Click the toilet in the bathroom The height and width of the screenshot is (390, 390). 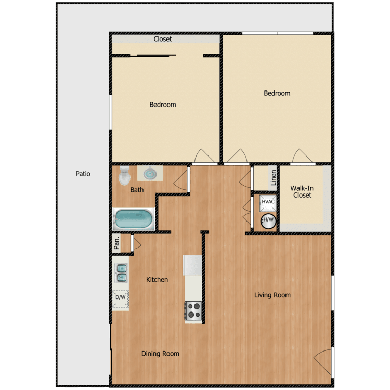[x=124, y=176]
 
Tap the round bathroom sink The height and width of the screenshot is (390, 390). [x=149, y=173]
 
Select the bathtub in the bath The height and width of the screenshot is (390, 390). [x=134, y=219]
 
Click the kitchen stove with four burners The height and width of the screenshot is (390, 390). [x=193, y=310]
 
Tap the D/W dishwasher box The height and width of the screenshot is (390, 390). [x=121, y=297]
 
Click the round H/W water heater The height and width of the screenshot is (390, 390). [x=268, y=220]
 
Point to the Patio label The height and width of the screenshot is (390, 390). [x=83, y=174]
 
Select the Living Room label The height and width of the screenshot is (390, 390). [x=272, y=295]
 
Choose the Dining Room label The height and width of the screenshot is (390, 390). [x=160, y=354]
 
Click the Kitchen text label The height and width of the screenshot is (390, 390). [x=157, y=280]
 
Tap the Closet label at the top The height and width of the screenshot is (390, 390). [x=163, y=39]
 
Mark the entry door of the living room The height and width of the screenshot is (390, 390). [x=322, y=361]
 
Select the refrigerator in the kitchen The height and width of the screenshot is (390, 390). [x=192, y=265]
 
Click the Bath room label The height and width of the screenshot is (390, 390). [x=137, y=190]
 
